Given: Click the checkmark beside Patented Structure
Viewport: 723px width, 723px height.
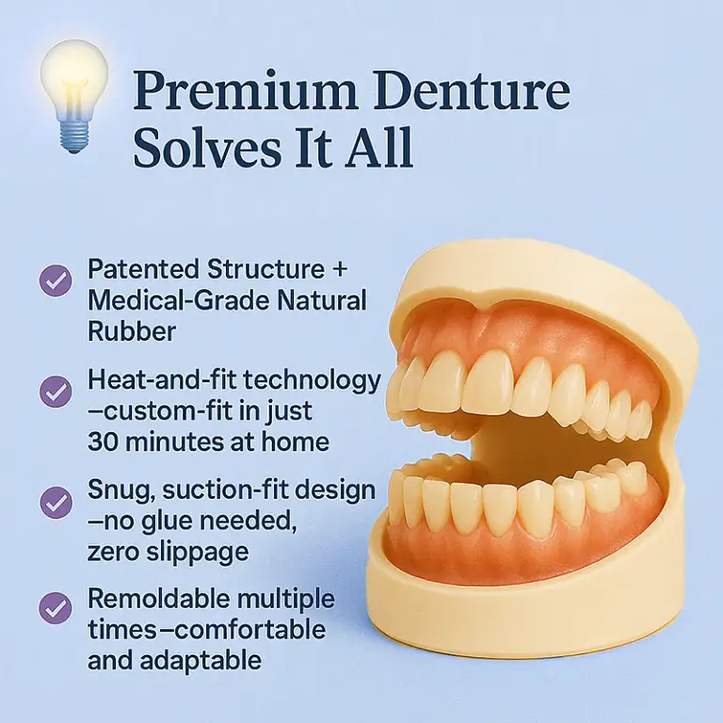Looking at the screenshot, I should click(x=55, y=280).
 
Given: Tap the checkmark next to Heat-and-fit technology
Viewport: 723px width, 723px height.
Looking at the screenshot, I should click(x=55, y=391).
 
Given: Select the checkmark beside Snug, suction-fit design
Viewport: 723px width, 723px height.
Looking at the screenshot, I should click(x=55, y=500).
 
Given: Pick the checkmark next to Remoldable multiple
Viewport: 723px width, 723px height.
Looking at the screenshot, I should click(x=55, y=608).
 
